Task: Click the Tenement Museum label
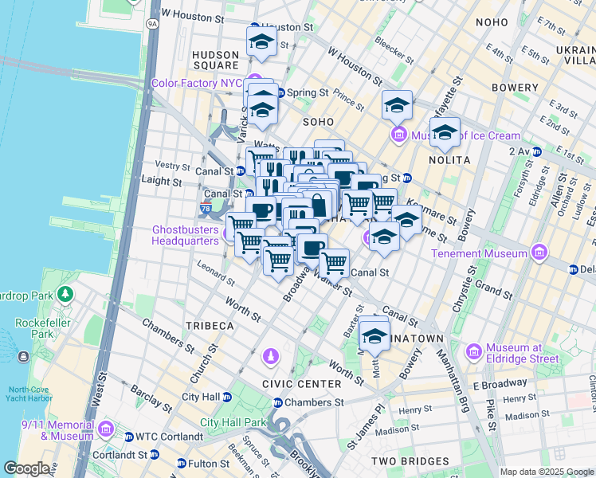pyautogui.click(x=480, y=253)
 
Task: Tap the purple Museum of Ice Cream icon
pyautogui.click(x=398, y=135)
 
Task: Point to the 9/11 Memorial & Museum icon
pyautogui.click(x=105, y=433)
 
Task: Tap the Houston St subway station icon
pyautogui.click(x=255, y=27)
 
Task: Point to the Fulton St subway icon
pyautogui.click(x=181, y=463)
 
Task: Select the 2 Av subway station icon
pyautogui.click(x=537, y=151)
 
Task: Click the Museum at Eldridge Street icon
pyautogui.click(x=474, y=351)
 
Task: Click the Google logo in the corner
pyautogui.click(x=26, y=468)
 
